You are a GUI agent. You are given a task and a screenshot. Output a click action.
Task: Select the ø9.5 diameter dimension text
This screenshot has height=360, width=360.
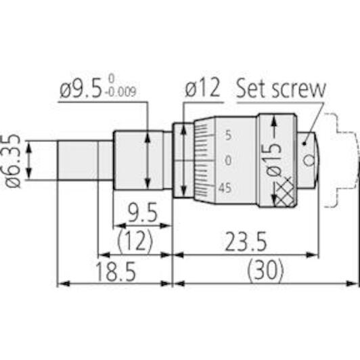(x=81, y=89)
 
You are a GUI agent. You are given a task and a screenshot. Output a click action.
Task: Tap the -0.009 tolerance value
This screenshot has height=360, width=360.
(x=120, y=92)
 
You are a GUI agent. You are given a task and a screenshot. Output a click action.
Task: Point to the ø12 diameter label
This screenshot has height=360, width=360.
(x=202, y=88)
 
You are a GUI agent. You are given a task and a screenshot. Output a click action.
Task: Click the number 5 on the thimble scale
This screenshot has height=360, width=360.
(x=229, y=135)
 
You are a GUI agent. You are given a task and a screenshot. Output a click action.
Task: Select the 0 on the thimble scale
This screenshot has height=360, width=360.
(x=228, y=160)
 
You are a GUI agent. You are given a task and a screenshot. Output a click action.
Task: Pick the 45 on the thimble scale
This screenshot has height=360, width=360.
(x=225, y=188)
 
